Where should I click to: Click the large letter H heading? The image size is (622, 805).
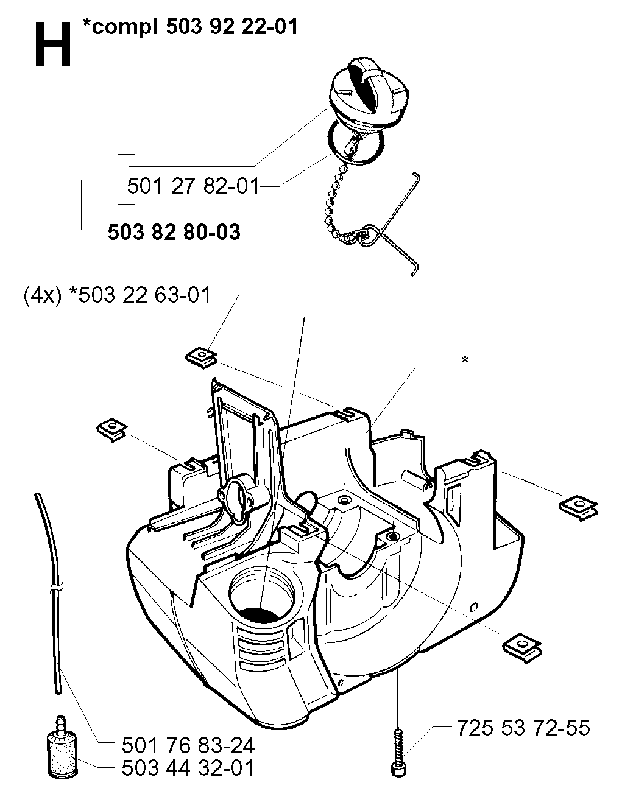coord(52,44)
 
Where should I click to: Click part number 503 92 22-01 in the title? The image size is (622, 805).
coord(231,27)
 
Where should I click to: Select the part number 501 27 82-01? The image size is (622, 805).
coord(193,186)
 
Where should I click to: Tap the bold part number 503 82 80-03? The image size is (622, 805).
coord(174,232)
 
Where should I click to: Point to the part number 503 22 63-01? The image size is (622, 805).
coord(144,295)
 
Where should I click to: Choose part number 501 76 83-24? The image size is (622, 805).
coord(188,745)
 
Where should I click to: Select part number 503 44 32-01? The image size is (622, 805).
coord(188,768)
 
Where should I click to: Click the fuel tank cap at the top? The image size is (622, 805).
coord(357,90)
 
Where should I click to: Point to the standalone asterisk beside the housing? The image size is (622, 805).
coord(465,359)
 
